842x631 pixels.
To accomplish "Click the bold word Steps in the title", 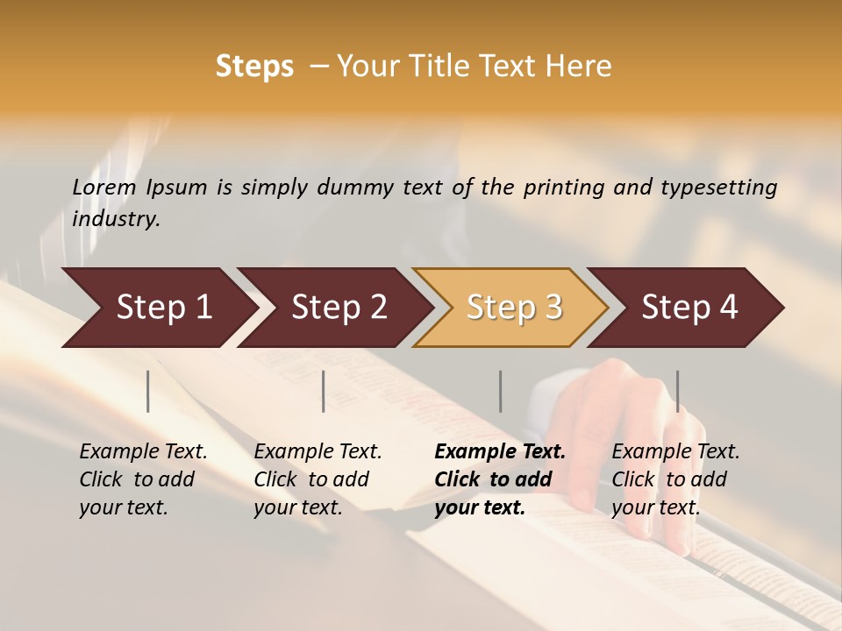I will point(254,66).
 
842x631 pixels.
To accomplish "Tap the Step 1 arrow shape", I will point(158,308).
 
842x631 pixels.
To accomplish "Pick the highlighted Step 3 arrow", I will point(513,308).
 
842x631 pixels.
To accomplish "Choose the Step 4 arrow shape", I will point(689,308).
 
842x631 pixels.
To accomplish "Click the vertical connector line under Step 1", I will point(148,391).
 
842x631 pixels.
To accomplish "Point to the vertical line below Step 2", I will point(324,391).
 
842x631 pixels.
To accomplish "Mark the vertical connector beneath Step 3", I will point(500,391).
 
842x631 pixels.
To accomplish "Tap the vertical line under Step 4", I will point(677,391).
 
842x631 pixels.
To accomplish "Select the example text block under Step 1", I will point(143,479).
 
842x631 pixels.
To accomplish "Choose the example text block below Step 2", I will point(318,479).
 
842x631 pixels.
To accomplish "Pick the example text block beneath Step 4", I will point(675,479).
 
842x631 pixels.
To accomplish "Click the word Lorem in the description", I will point(104,188).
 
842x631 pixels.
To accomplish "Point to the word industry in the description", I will point(115,219).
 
